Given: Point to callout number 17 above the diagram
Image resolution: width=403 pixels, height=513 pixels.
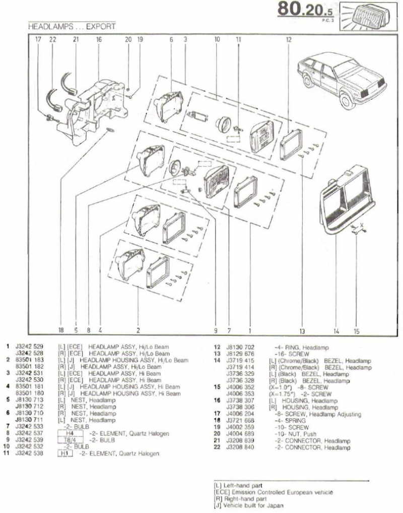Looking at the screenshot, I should [x=38, y=39].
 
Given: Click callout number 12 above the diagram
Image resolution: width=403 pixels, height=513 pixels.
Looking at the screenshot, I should [x=288, y=39].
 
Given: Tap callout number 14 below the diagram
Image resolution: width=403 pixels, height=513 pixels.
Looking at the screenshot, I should [x=336, y=331].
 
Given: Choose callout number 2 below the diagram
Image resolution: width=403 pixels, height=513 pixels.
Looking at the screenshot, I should [x=138, y=331].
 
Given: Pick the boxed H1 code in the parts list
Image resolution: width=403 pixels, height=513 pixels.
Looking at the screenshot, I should [x=64, y=453].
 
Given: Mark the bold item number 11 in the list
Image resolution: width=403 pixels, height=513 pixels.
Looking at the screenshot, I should [x=7, y=453].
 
